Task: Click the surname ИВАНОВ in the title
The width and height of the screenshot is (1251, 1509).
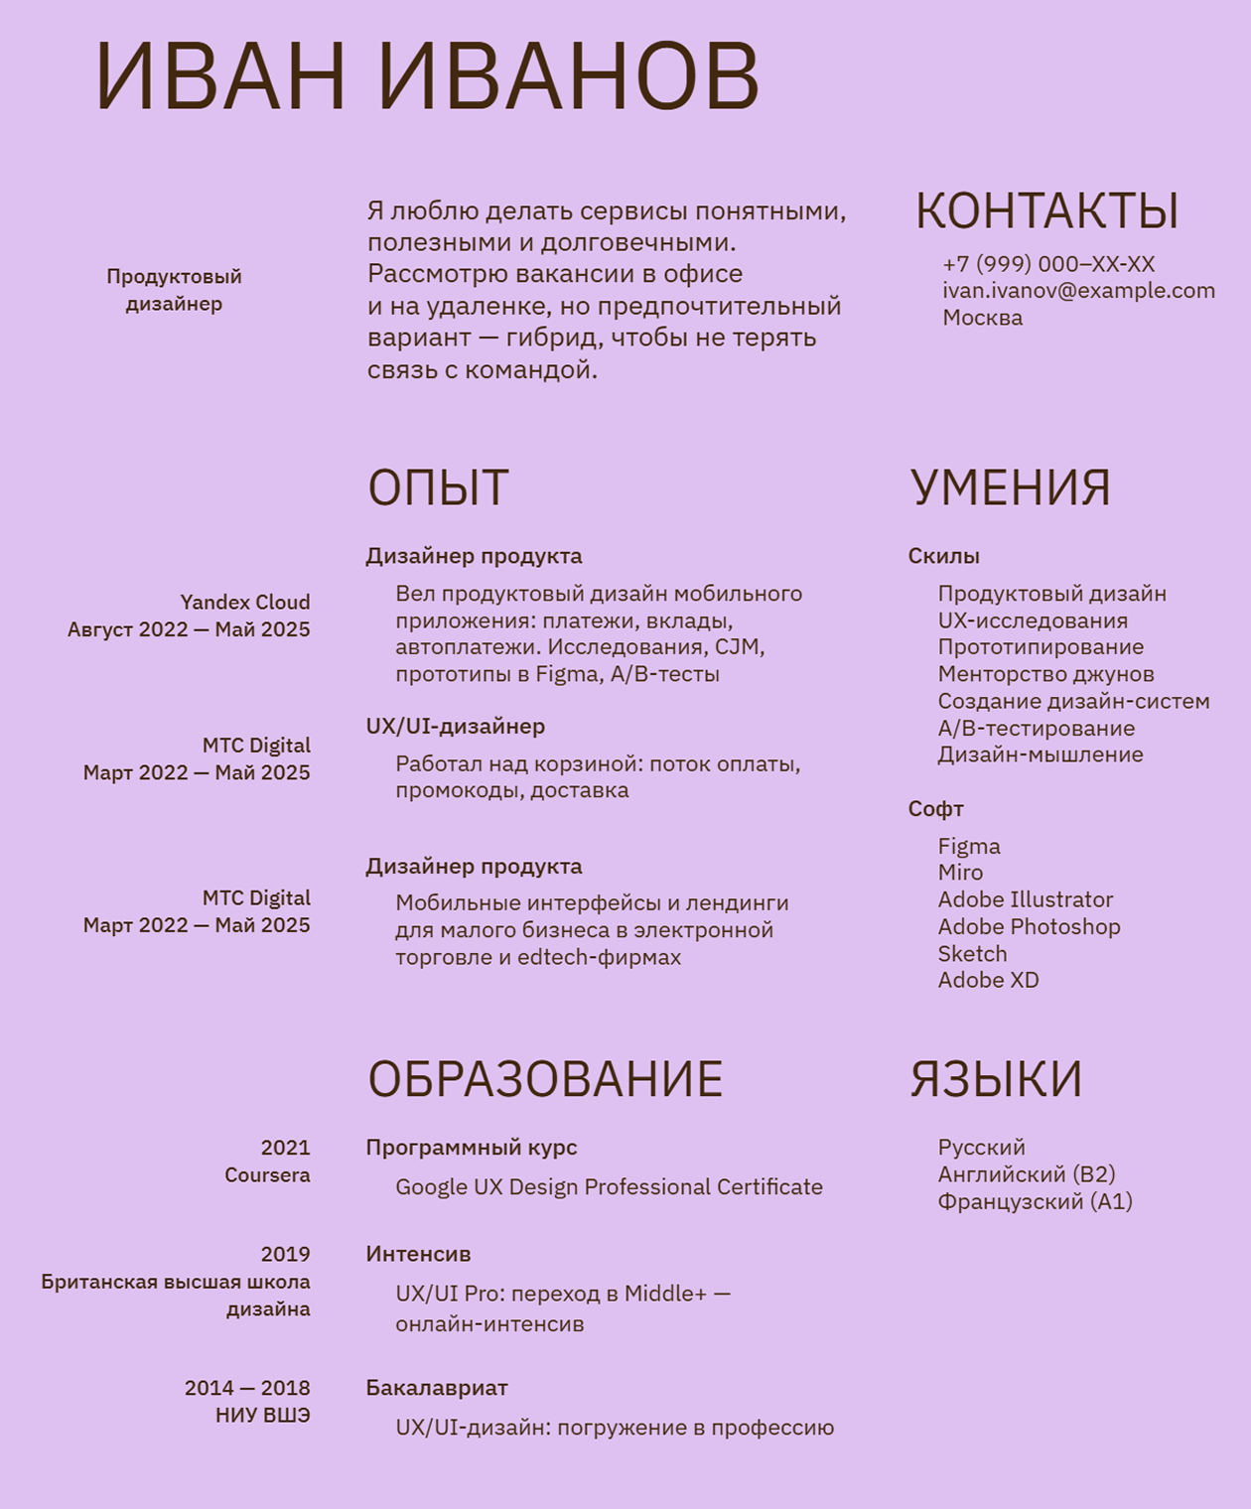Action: tap(569, 76)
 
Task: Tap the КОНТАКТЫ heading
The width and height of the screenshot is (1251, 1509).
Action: tap(1046, 210)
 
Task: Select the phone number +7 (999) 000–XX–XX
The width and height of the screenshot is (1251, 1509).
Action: tap(1048, 264)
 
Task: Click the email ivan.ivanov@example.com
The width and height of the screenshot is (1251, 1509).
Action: tap(1078, 291)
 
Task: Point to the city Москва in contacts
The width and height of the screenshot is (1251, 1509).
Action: tap(982, 318)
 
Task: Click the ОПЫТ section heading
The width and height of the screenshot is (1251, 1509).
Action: tap(438, 487)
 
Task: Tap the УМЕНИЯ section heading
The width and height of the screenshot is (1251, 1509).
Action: tap(1010, 487)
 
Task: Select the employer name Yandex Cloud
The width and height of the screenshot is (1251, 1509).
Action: tap(245, 603)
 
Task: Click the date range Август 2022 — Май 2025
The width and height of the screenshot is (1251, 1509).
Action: tap(189, 629)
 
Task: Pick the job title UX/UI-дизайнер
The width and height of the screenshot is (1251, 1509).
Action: tap(455, 726)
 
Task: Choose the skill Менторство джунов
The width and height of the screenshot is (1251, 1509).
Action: tap(1045, 674)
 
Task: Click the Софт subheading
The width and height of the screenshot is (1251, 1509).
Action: tap(935, 809)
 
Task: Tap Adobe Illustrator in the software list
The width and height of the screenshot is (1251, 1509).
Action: tap(1025, 899)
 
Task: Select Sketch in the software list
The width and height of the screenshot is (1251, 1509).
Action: tap(972, 954)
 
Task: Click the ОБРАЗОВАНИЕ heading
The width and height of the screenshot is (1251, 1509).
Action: tap(545, 1079)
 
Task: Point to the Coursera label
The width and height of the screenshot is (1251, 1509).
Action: tap(267, 1175)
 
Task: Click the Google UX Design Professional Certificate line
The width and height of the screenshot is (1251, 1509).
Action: tap(609, 1187)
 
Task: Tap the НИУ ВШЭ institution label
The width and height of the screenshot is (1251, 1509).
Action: tap(262, 1416)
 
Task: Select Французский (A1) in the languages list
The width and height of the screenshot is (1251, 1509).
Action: tap(1035, 1202)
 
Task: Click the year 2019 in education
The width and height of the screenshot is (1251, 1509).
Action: tap(285, 1254)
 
